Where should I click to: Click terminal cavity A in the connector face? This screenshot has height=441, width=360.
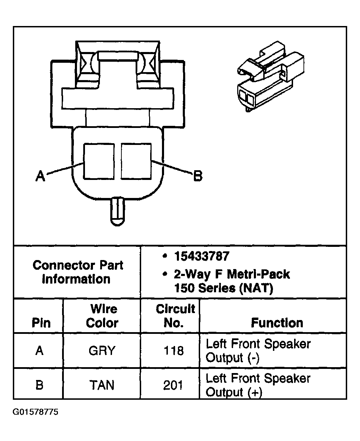pos(99,162)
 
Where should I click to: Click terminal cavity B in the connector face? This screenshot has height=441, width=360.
pos(136,162)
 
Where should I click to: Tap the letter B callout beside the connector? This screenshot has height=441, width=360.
pos(197,176)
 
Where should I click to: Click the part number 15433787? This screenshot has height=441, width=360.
pos(202,256)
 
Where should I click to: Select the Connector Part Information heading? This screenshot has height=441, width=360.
pos(78,272)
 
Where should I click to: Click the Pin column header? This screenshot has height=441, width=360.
pos(41,323)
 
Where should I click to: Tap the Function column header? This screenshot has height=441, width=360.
pos(277,323)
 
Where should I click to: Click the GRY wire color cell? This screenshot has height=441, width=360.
pos(102,351)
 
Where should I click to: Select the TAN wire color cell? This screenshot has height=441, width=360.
pos(102,385)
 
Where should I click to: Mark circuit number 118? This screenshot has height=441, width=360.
pos(173,351)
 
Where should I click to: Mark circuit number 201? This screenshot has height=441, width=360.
pos(173,385)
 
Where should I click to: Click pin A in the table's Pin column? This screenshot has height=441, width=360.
pos(40,351)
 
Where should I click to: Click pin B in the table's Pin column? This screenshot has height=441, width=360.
pos(40,385)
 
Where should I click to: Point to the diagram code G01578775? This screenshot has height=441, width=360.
pos(36,412)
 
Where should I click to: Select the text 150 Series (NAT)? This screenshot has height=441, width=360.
pos(223,288)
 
